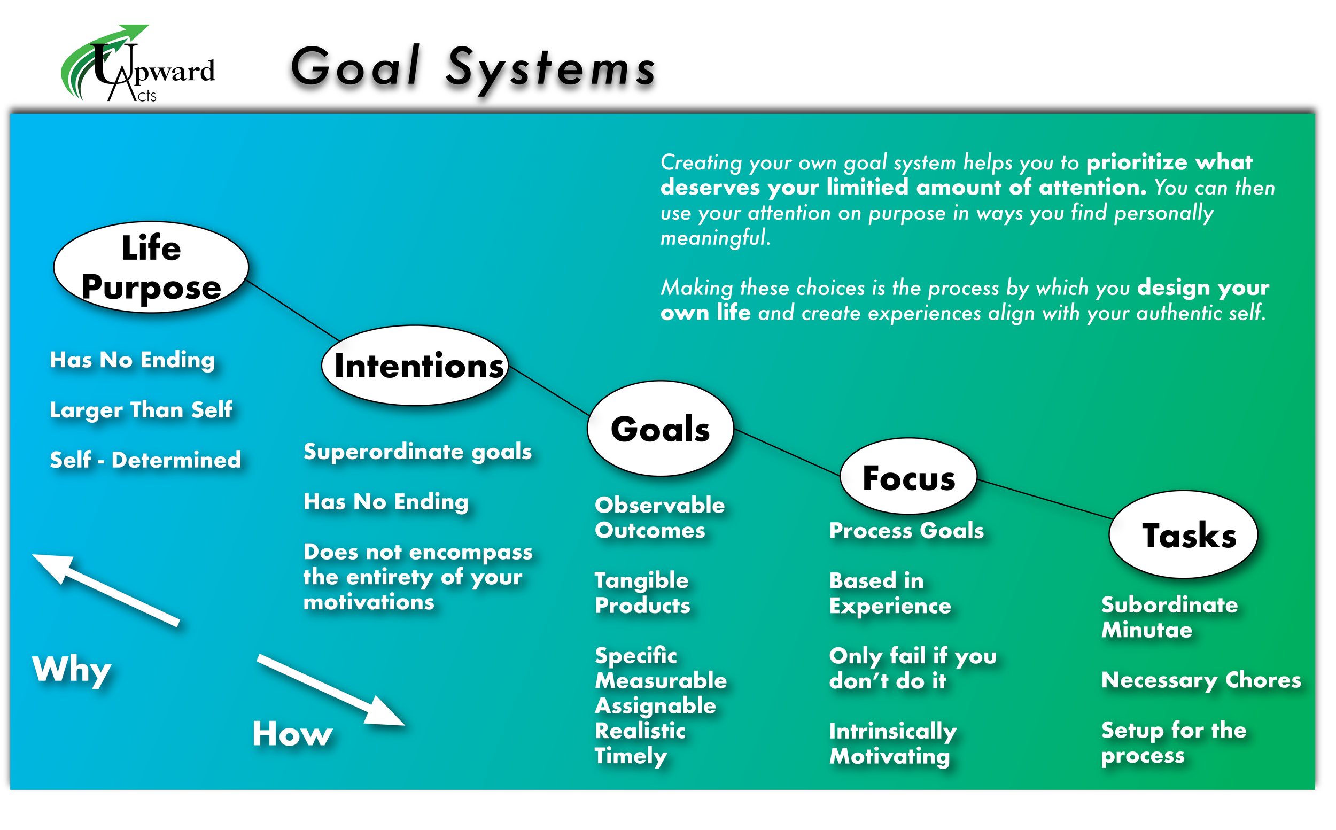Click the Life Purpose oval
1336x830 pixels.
pyautogui.click(x=151, y=267)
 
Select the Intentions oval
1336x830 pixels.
pyautogui.click(x=416, y=366)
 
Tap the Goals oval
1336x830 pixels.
pyautogui.click(x=661, y=429)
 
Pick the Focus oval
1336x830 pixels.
pyautogui.click(x=908, y=477)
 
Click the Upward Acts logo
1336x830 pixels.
pyautogui.click(x=137, y=65)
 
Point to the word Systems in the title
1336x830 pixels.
pyautogui.click(x=550, y=68)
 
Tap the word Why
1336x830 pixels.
pyautogui.click(x=72, y=670)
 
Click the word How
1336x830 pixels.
pyautogui.click(x=292, y=734)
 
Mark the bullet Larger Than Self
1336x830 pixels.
pyautogui.click(x=141, y=410)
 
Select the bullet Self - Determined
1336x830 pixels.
pyautogui.click(x=145, y=460)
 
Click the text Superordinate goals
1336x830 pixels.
pyautogui.click(x=418, y=452)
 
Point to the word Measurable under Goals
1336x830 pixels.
pyautogui.click(x=661, y=681)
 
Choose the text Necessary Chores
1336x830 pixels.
pyautogui.click(x=1201, y=681)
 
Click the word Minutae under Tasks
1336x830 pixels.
pyautogui.click(x=1147, y=630)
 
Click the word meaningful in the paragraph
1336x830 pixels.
pyautogui.click(x=714, y=238)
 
